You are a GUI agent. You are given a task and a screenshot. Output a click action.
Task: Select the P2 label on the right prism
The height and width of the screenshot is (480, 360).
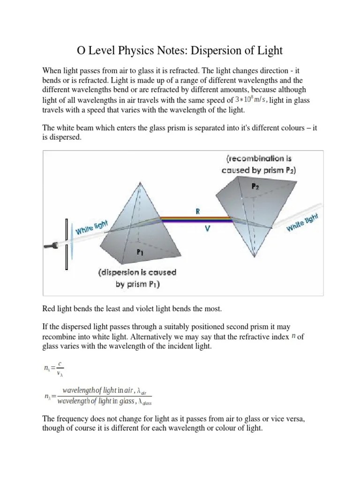(255, 187)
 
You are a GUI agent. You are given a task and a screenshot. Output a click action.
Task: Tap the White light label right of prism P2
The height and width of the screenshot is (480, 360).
(302, 221)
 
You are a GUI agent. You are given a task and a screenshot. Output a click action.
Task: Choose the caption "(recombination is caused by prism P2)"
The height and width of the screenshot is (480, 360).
(259, 165)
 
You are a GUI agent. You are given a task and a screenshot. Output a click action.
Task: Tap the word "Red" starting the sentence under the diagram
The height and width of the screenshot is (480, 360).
(49, 308)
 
